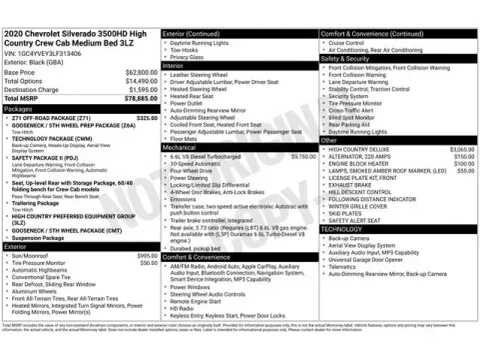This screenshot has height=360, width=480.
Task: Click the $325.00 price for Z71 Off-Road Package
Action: point(147,118)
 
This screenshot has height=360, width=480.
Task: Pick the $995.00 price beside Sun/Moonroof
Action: point(147,256)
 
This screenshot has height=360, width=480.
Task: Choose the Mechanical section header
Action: point(180,147)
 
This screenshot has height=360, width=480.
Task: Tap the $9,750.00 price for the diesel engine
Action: point(303,156)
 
